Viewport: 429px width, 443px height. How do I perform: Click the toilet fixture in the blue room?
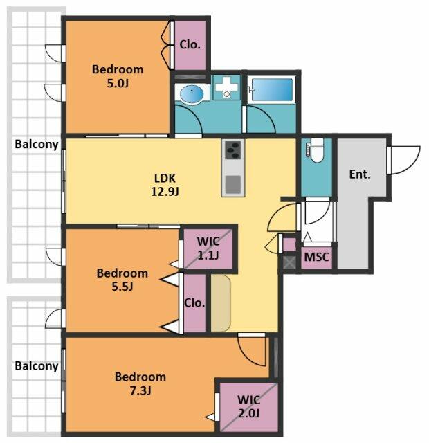[x=316, y=150]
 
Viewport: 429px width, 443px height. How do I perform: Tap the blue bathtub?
[x=272, y=89]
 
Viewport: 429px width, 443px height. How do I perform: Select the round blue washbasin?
[x=192, y=92]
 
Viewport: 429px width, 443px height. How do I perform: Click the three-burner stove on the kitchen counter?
[x=233, y=150]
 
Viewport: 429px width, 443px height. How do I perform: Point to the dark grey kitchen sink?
[x=233, y=184]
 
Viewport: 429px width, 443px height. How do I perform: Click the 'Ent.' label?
[x=360, y=174]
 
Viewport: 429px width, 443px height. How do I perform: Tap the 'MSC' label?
[x=317, y=257]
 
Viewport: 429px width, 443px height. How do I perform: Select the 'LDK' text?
[x=165, y=179]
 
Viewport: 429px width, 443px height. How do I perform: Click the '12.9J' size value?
[x=165, y=192]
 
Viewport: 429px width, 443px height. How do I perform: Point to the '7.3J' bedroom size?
[x=140, y=390]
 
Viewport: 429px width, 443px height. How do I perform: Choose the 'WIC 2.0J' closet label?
[x=248, y=407]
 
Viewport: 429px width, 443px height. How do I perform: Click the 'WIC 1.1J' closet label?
[x=208, y=248]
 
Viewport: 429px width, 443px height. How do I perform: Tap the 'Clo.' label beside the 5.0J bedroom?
[x=190, y=44]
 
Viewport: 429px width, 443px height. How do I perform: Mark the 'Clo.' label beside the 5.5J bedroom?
[x=194, y=303]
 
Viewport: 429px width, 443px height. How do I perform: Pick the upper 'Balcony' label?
[x=37, y=144]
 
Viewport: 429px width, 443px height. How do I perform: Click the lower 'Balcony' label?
[x=37, y=366]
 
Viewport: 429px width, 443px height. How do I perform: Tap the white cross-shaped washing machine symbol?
[x=226, y=86]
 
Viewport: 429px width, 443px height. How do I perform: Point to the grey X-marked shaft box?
[x=289, y=262]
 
